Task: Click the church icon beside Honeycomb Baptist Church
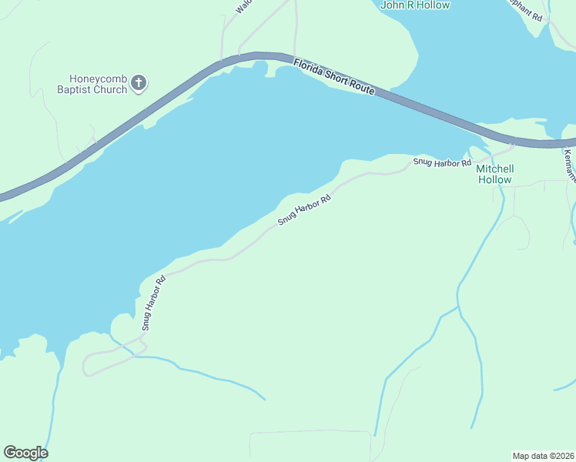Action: tap(139, 83)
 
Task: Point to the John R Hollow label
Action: tap(416, 5)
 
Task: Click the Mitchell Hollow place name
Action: tap(494, 174)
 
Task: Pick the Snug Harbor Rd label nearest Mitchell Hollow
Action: tap(442, 162)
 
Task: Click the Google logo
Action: tap(25, 453)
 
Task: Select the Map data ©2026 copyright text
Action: tap(543, 455)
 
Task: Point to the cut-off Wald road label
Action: tap(244, 6)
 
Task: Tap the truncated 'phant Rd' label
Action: tap(527, 11)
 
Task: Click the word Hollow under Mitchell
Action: tap(494, 179)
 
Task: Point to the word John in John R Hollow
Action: tap(393, 5)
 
